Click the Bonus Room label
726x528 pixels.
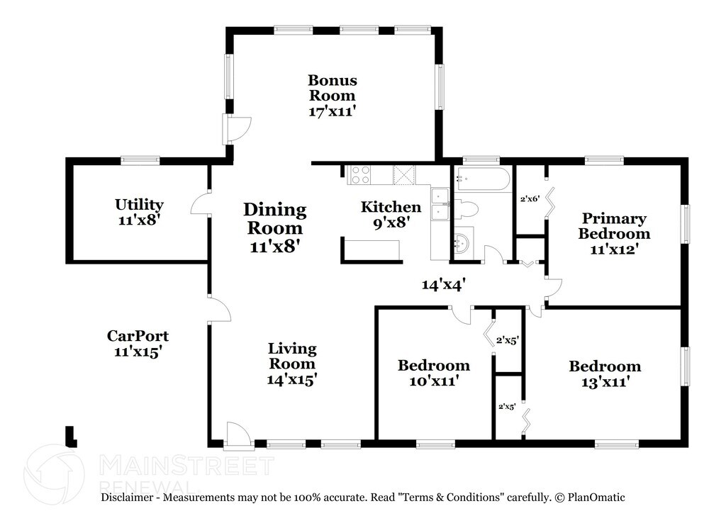pyautogui.click(x=333, y=87)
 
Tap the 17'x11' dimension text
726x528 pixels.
pyautogui.click(x=333, y=111)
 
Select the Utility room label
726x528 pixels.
pyautogui.click(x=139, y=204)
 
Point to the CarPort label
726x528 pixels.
pyautogui.click(x=138, y=335)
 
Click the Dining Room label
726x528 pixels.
pyautogui.click(x=275, y=218)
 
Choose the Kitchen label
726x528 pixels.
pyautogui.click(x=391, y=206)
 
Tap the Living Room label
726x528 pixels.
pyautogui.click(x=292, y=355)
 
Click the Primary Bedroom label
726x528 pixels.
pyautogui.click(x=614, y=225)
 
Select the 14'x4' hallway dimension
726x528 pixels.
pyautogui.click(x=443, y=284)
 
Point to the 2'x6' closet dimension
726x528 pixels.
pyautogui.click(x=530, y=199)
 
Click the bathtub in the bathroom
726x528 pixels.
pyautogui.click(x=482, y=177)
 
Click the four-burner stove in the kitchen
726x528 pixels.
pyautogui.click(x=361, y=174)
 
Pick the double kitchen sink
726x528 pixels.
pyautogui.click(x=440, y=204)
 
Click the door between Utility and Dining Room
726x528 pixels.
pyautogui.click(x=201, y=203)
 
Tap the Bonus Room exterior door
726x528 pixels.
pyautogui.click(x=237, y=129)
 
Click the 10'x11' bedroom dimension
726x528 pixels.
pyautogui.click(x=434, y=381)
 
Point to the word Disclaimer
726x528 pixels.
pyautogui.click(x=127, y=498)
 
